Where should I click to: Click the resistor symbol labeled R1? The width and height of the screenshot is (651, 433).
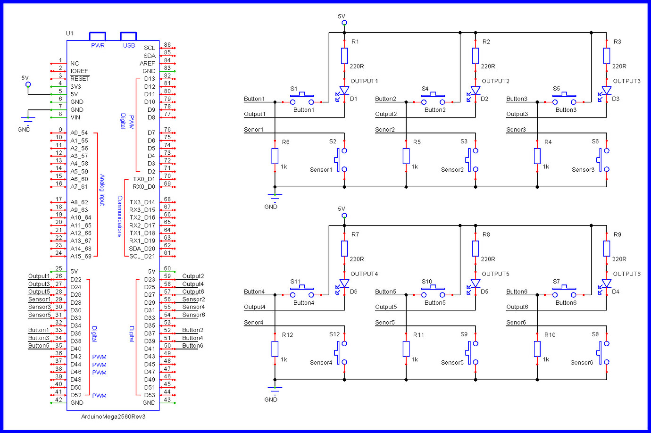tap(344, 56)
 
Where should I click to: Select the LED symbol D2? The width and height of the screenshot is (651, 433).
tap(475, 91)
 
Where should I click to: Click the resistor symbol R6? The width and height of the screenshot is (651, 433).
tap(275, 156)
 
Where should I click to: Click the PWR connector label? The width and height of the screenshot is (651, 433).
tap(98, 45)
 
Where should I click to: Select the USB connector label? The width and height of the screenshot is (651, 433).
tap(129, 45)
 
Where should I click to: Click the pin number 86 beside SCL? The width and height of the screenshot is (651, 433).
tap(167, 45)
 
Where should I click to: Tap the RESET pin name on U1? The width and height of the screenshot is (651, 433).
tap(80, 79)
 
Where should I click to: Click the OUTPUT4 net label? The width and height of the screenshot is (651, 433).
tap(364, 274)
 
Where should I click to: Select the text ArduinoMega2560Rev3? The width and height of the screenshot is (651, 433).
tap(113, 416)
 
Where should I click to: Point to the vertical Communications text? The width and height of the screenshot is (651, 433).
tap(120, 216)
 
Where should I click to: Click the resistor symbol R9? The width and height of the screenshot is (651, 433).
tap(607, 249)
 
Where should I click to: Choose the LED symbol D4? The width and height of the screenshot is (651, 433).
tap(606, 284)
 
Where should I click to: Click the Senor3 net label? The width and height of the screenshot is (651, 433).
tap(516, 130)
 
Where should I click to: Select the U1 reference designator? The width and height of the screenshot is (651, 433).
tap(70, 33)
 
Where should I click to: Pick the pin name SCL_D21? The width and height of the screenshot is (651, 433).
tap(142, 256)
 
